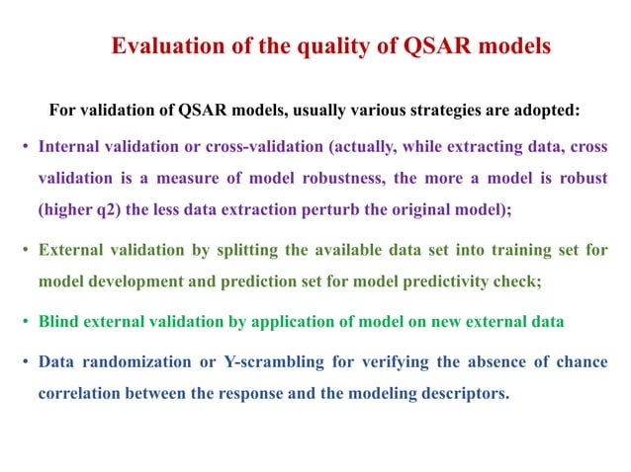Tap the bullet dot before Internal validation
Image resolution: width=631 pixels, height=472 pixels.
(x=25, y=147)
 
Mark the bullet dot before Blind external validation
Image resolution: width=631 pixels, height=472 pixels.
(x=25, y=321)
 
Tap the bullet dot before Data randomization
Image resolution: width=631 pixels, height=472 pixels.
(x=25, y=361)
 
